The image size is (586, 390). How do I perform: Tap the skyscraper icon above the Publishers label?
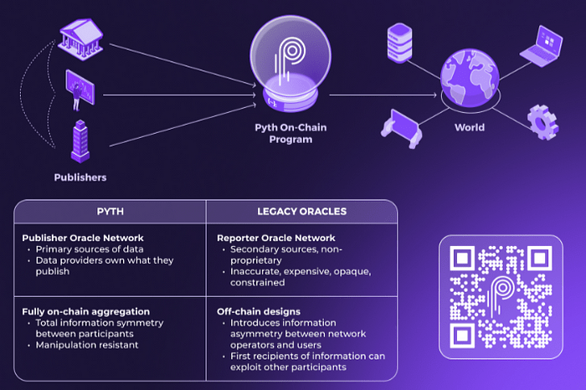click(x=80, y=140)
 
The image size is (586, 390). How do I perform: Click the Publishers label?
click(x=80, y=177)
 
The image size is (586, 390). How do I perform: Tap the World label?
click(x=470, y=128)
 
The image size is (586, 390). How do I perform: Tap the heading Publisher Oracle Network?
click(x=83, y=238)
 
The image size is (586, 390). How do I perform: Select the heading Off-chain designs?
click(x=253, y=311)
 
